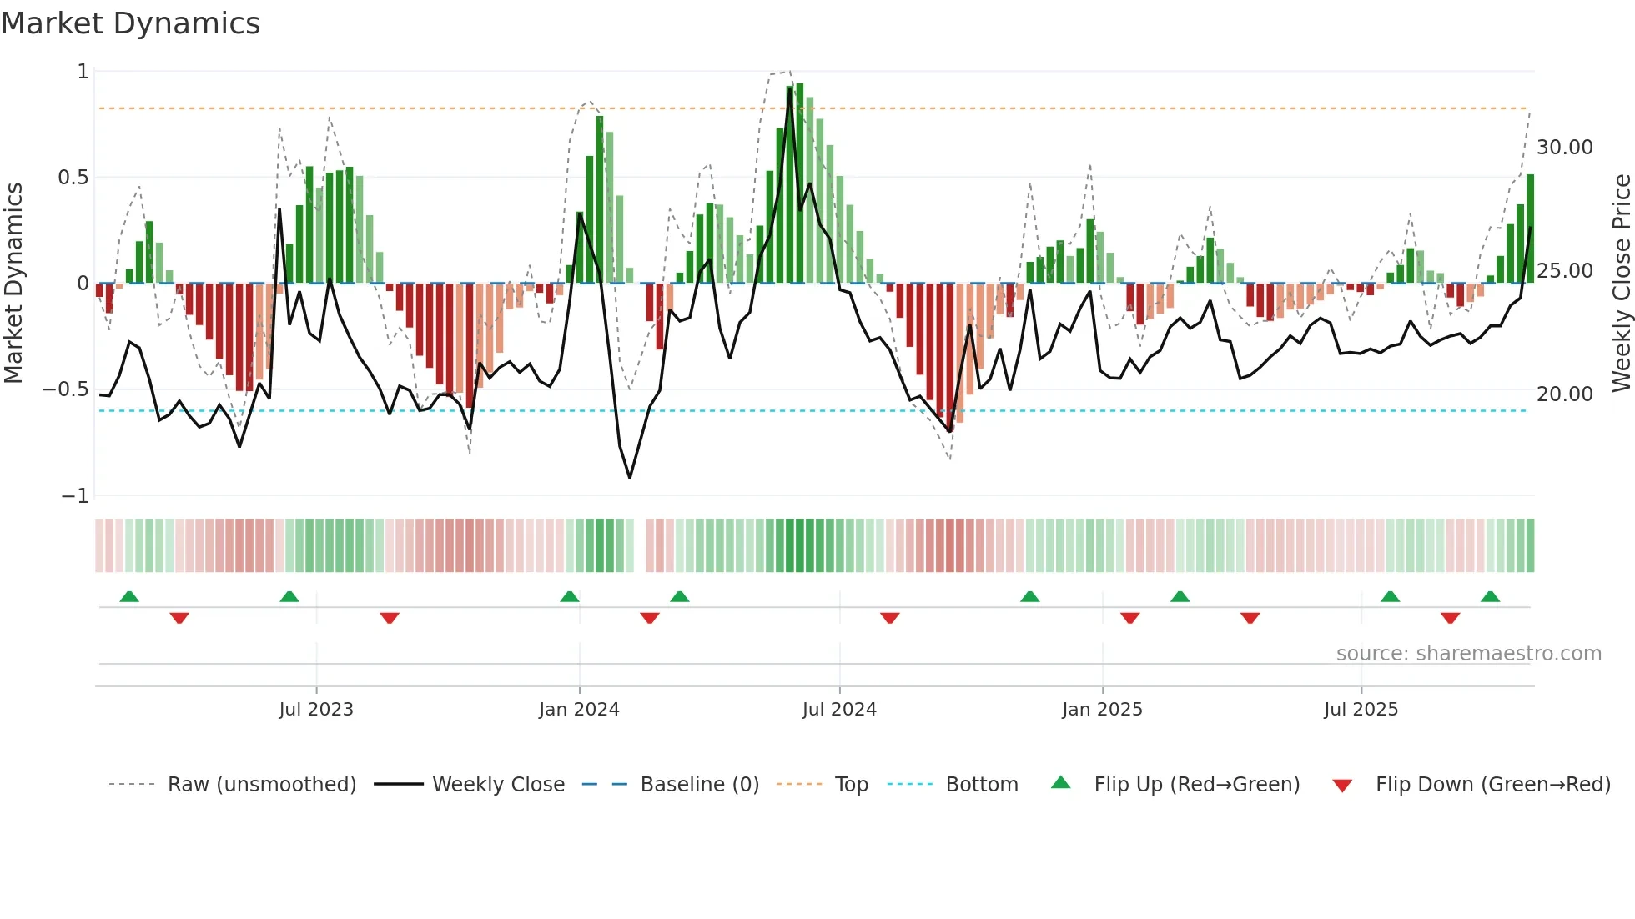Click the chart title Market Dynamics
(x=130, y=23)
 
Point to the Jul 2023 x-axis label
(x=316, y=710)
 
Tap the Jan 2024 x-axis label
(x=579, y=710)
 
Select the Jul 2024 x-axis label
(x=839, y=710)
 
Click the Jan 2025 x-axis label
(x=1102, y=710)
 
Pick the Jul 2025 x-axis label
(x=1361, y=710)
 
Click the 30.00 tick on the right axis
(x=1564, y=148)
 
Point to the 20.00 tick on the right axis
(x=1564, y=394)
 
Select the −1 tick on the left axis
(x=74, y=496)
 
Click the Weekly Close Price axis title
(x=1621, y=283)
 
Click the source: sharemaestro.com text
(x=1468, y=654)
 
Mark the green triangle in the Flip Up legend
(x=1060, y=782)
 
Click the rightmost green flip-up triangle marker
(x=1490, y=597)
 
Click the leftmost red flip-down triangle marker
(x=179, y=618)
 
